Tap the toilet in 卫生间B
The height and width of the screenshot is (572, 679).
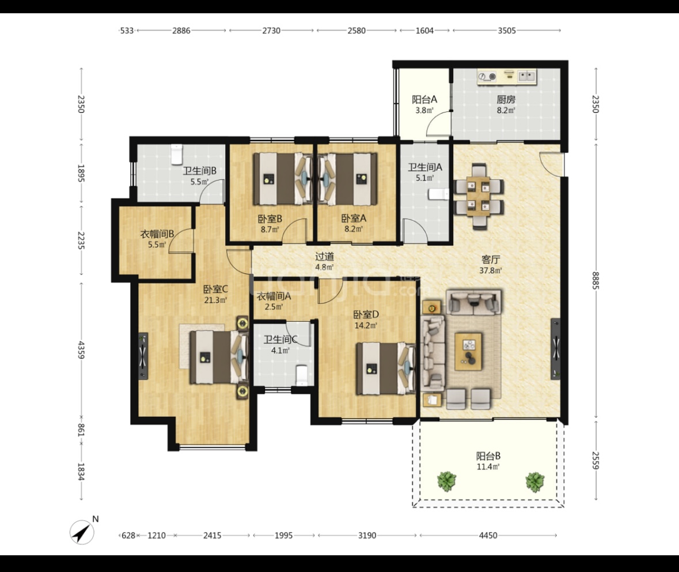pyautogui.click(x=177, y=155)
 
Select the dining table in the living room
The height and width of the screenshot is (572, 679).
pyautogui.click(x=479, y=196)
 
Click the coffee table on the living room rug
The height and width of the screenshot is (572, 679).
pyautogui.click(x=468, y=351)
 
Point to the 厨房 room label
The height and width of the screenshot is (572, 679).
pyautogui.click(x=506, y=99)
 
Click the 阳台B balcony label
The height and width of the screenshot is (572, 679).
pyautogui.click(x=488, y=456)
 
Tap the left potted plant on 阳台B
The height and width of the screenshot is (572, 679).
pyautogui.click(x=446, y=481)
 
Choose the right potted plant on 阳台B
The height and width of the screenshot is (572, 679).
pyautogui.click(x=535, y=482)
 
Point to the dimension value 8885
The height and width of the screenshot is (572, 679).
pyautogui.click(x=595, y=281)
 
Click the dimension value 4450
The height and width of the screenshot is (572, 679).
pyautogui.click(x=488, y=536)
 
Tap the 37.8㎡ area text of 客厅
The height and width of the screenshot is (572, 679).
pyautogui.click(x=491, y=270)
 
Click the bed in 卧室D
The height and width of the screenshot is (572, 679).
pyautogui.click(x=385, y=368)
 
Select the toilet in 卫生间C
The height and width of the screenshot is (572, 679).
pyautogui.click(x=301, y=375)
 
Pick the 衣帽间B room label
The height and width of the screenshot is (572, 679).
pyautogui.click(x=157, y=234)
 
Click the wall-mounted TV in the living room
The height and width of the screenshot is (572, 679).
pyautogui.click(x=555, y=349)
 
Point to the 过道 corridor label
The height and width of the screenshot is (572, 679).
pyautogui.click(x=324, y=257)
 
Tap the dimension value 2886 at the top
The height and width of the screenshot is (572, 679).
pyautogui.click(x=181, y=31)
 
